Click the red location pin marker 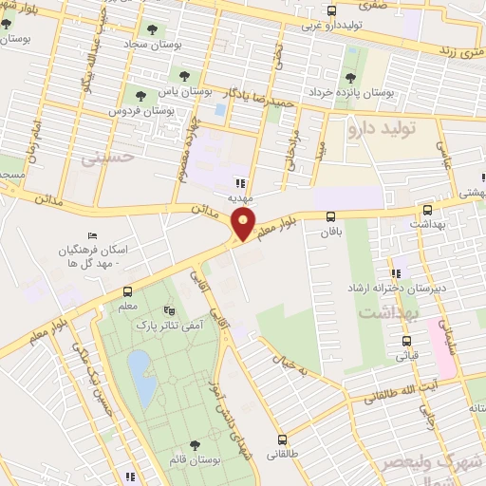(x=244, y=226)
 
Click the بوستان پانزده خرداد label (x=350, y=93)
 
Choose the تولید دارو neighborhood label (x=389, y=125)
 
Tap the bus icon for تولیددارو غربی (x=330, y=11)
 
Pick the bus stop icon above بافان (x=330, y=215)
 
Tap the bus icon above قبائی (x=407, y=341)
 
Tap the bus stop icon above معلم (x=127, y=292)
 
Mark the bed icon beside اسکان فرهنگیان (x=92, y=235)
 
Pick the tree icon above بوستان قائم (x=195, y=445)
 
